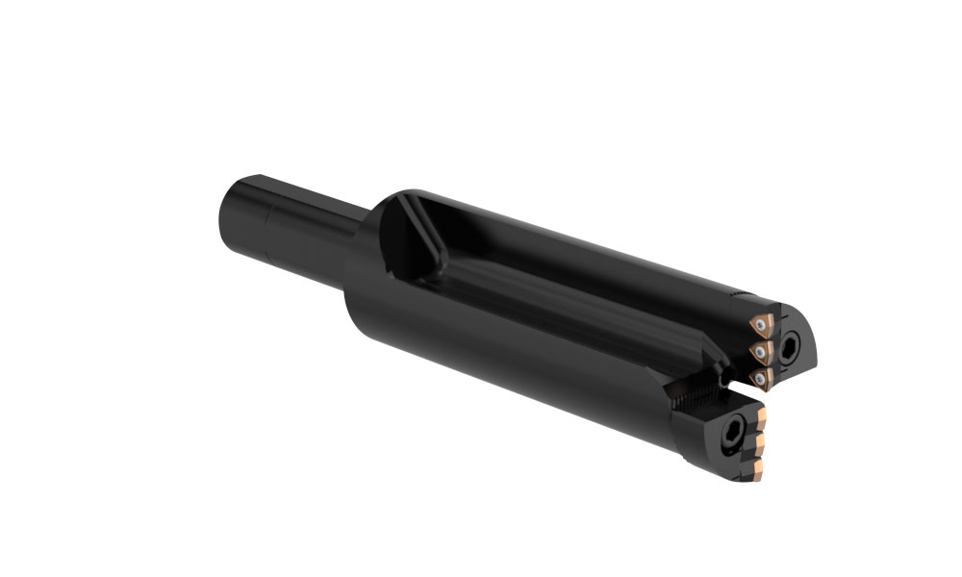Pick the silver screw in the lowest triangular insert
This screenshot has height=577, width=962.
[761, 380]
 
